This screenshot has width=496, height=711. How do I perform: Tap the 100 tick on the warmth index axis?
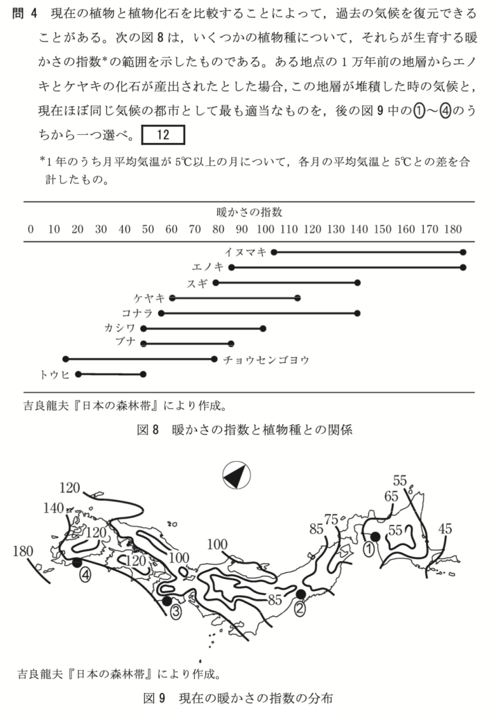[265, 229]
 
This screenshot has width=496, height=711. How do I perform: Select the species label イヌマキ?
[246, 252]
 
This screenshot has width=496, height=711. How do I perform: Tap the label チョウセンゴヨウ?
[266, 360]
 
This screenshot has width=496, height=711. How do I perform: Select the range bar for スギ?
[287, 283]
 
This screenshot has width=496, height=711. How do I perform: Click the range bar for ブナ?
[187, 344]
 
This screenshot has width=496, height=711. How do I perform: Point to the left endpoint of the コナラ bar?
[161, 313]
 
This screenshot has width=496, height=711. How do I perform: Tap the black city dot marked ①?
[375, 536]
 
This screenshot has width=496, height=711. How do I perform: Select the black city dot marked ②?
[300, 594]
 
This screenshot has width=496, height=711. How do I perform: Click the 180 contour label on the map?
[24, 552]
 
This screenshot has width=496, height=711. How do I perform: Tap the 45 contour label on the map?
[445, 528]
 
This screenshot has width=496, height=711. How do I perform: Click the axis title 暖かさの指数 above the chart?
[249, 211]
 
